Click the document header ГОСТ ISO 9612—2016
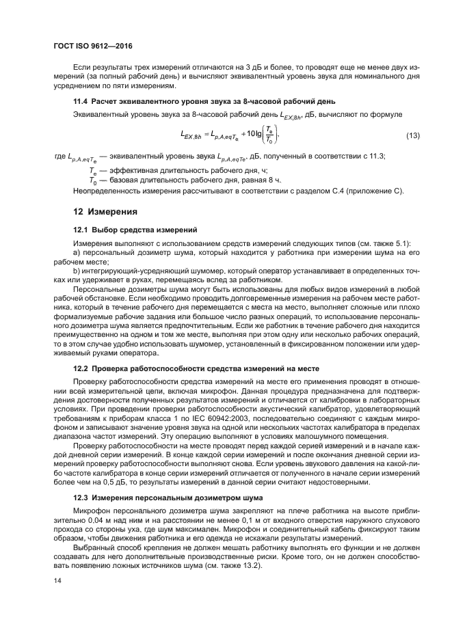(92, 46)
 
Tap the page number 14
(58, 580)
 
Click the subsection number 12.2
(81, 368)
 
